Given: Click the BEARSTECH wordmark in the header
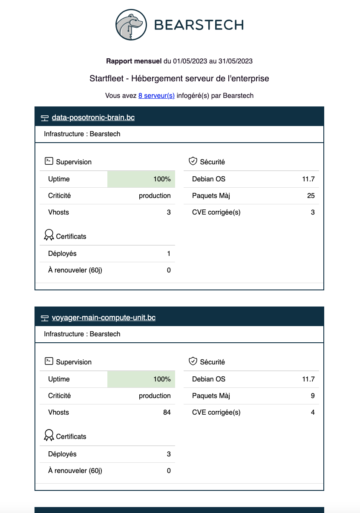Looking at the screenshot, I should click(x=199, y=25).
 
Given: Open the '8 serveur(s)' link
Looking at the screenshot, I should click(x=156, y=96).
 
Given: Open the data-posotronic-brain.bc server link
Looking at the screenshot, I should click(x=93, y=118).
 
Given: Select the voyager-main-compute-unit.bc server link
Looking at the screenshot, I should click(x=104, y=318).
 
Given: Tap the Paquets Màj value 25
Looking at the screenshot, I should click(x=311, y=196).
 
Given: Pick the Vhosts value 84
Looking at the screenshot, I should click(x=167, y=412).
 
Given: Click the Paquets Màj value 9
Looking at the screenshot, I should click(x=313, y=396).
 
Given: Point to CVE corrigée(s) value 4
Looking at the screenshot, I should click(x=313, y=412).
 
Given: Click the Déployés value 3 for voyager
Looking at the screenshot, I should click(x=169, y=454).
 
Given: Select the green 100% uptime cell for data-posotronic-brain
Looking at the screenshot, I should click(x=141, y=179).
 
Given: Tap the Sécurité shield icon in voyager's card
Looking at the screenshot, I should click(x=193, y=361).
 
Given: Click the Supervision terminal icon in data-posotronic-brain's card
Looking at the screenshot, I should click(x=49, y=161).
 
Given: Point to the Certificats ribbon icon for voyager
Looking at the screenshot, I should click(x=49, y=436).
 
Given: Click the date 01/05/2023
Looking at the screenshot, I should click(x=190, y=61).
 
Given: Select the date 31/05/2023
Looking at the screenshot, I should click(x=235, y=61).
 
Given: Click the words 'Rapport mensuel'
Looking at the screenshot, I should click(x=134, y=61).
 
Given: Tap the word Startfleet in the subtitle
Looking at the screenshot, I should click(x=108, y=79).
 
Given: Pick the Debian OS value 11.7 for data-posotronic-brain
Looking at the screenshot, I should click(x=308, y=179).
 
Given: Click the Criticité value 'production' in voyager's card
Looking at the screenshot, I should click(x=155, y=396).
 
